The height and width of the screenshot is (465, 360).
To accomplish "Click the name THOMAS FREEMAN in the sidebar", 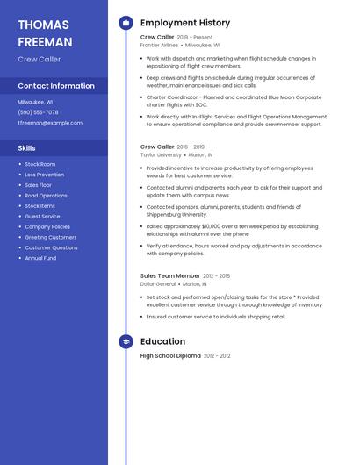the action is coord(45,32).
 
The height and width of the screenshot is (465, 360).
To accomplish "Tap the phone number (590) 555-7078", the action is coord(38,112).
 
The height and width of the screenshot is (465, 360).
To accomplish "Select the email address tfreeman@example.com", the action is coord(50,123).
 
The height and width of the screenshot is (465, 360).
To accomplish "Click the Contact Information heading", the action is coord(56,86).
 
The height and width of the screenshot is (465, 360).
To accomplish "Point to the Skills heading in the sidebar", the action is coord(27,148).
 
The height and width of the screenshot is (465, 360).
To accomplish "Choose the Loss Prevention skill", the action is coord(44,175).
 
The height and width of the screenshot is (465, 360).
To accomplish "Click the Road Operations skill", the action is coord(46,196).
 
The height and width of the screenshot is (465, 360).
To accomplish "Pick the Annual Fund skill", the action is coord(40,258).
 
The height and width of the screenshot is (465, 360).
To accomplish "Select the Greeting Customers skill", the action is coord(50,237).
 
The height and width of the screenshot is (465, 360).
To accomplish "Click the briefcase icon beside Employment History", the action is coord(126,23).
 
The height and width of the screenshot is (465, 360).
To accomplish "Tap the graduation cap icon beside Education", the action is coord(126,341).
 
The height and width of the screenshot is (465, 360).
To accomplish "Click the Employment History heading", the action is coord(185,23).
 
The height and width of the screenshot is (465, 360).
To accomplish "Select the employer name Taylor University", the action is coord(161,154).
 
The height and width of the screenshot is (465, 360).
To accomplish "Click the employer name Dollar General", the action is coord(158,284).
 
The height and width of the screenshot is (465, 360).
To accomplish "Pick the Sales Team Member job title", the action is coord(170,275).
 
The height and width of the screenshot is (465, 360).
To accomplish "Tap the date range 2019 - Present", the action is coord(195,38).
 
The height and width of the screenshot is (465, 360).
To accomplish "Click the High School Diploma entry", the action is coord(170,356).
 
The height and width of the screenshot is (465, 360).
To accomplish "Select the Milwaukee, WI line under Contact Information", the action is coord(35,102).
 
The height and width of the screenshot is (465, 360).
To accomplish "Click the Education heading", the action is coord(162,341).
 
